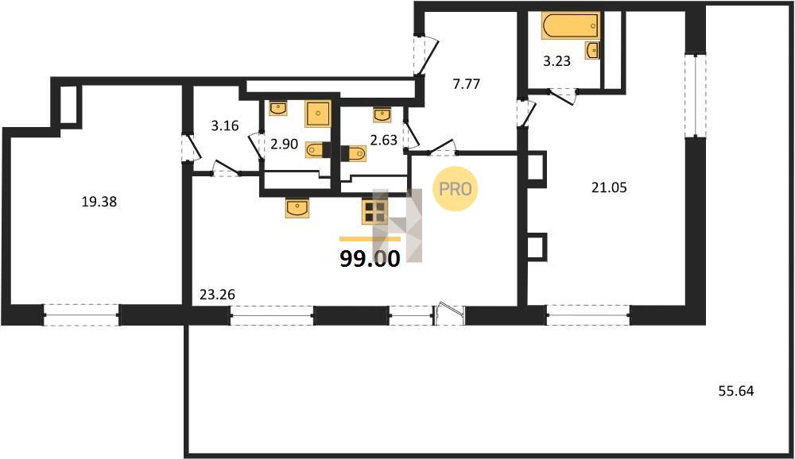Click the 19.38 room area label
point(99,202)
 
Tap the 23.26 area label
point(217,295)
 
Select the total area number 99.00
point(370,259)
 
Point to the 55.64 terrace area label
point(736,391)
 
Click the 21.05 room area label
point(609,187)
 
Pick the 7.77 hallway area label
point(466,84)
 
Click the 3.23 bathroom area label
point(556,61)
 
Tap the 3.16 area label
point(225,125)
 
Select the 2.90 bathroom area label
point(284,144)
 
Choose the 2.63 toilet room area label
point(383,140)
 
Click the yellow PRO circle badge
point(456,189)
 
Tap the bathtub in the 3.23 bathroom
point(571,25)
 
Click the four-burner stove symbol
point(374,211)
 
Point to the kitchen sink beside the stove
point(297,208)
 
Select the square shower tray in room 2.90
point(318,114)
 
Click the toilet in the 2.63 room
point(354,153)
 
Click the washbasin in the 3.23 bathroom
point(592,50)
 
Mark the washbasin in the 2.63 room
point(382,115)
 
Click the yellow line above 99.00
point(370,238)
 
